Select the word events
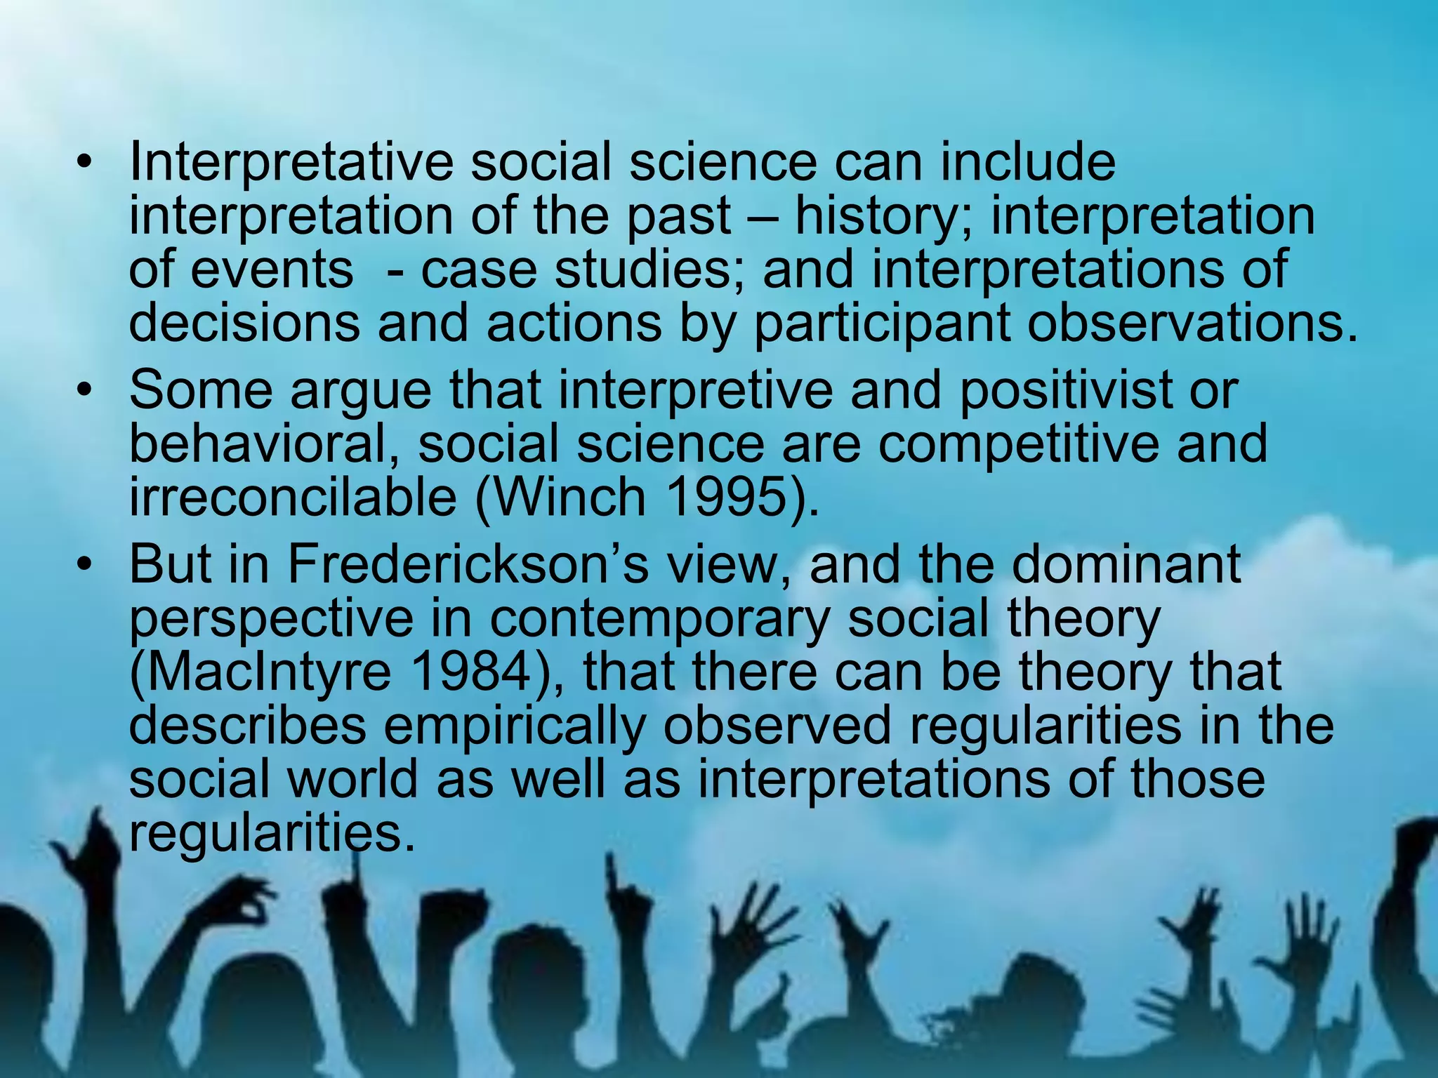coord(272,269)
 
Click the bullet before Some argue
coord(85,391)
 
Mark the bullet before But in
coord(85,566)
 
